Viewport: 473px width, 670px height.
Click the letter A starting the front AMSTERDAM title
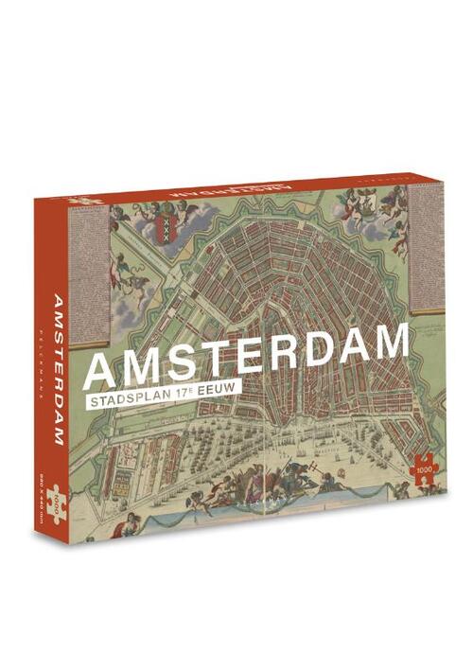pyautogui.click(x=102, y=370)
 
